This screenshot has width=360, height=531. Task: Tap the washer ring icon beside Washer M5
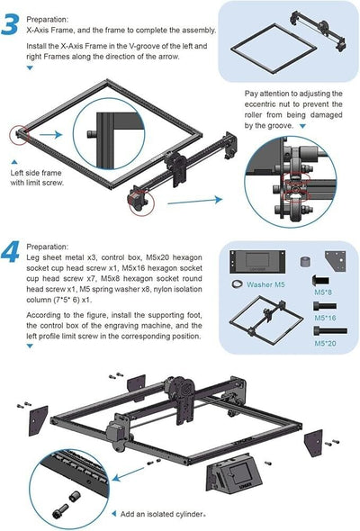pos(238,283)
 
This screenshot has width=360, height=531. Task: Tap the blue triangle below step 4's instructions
pos(31,349)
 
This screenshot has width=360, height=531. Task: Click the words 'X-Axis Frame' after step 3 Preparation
pos(54,29)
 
